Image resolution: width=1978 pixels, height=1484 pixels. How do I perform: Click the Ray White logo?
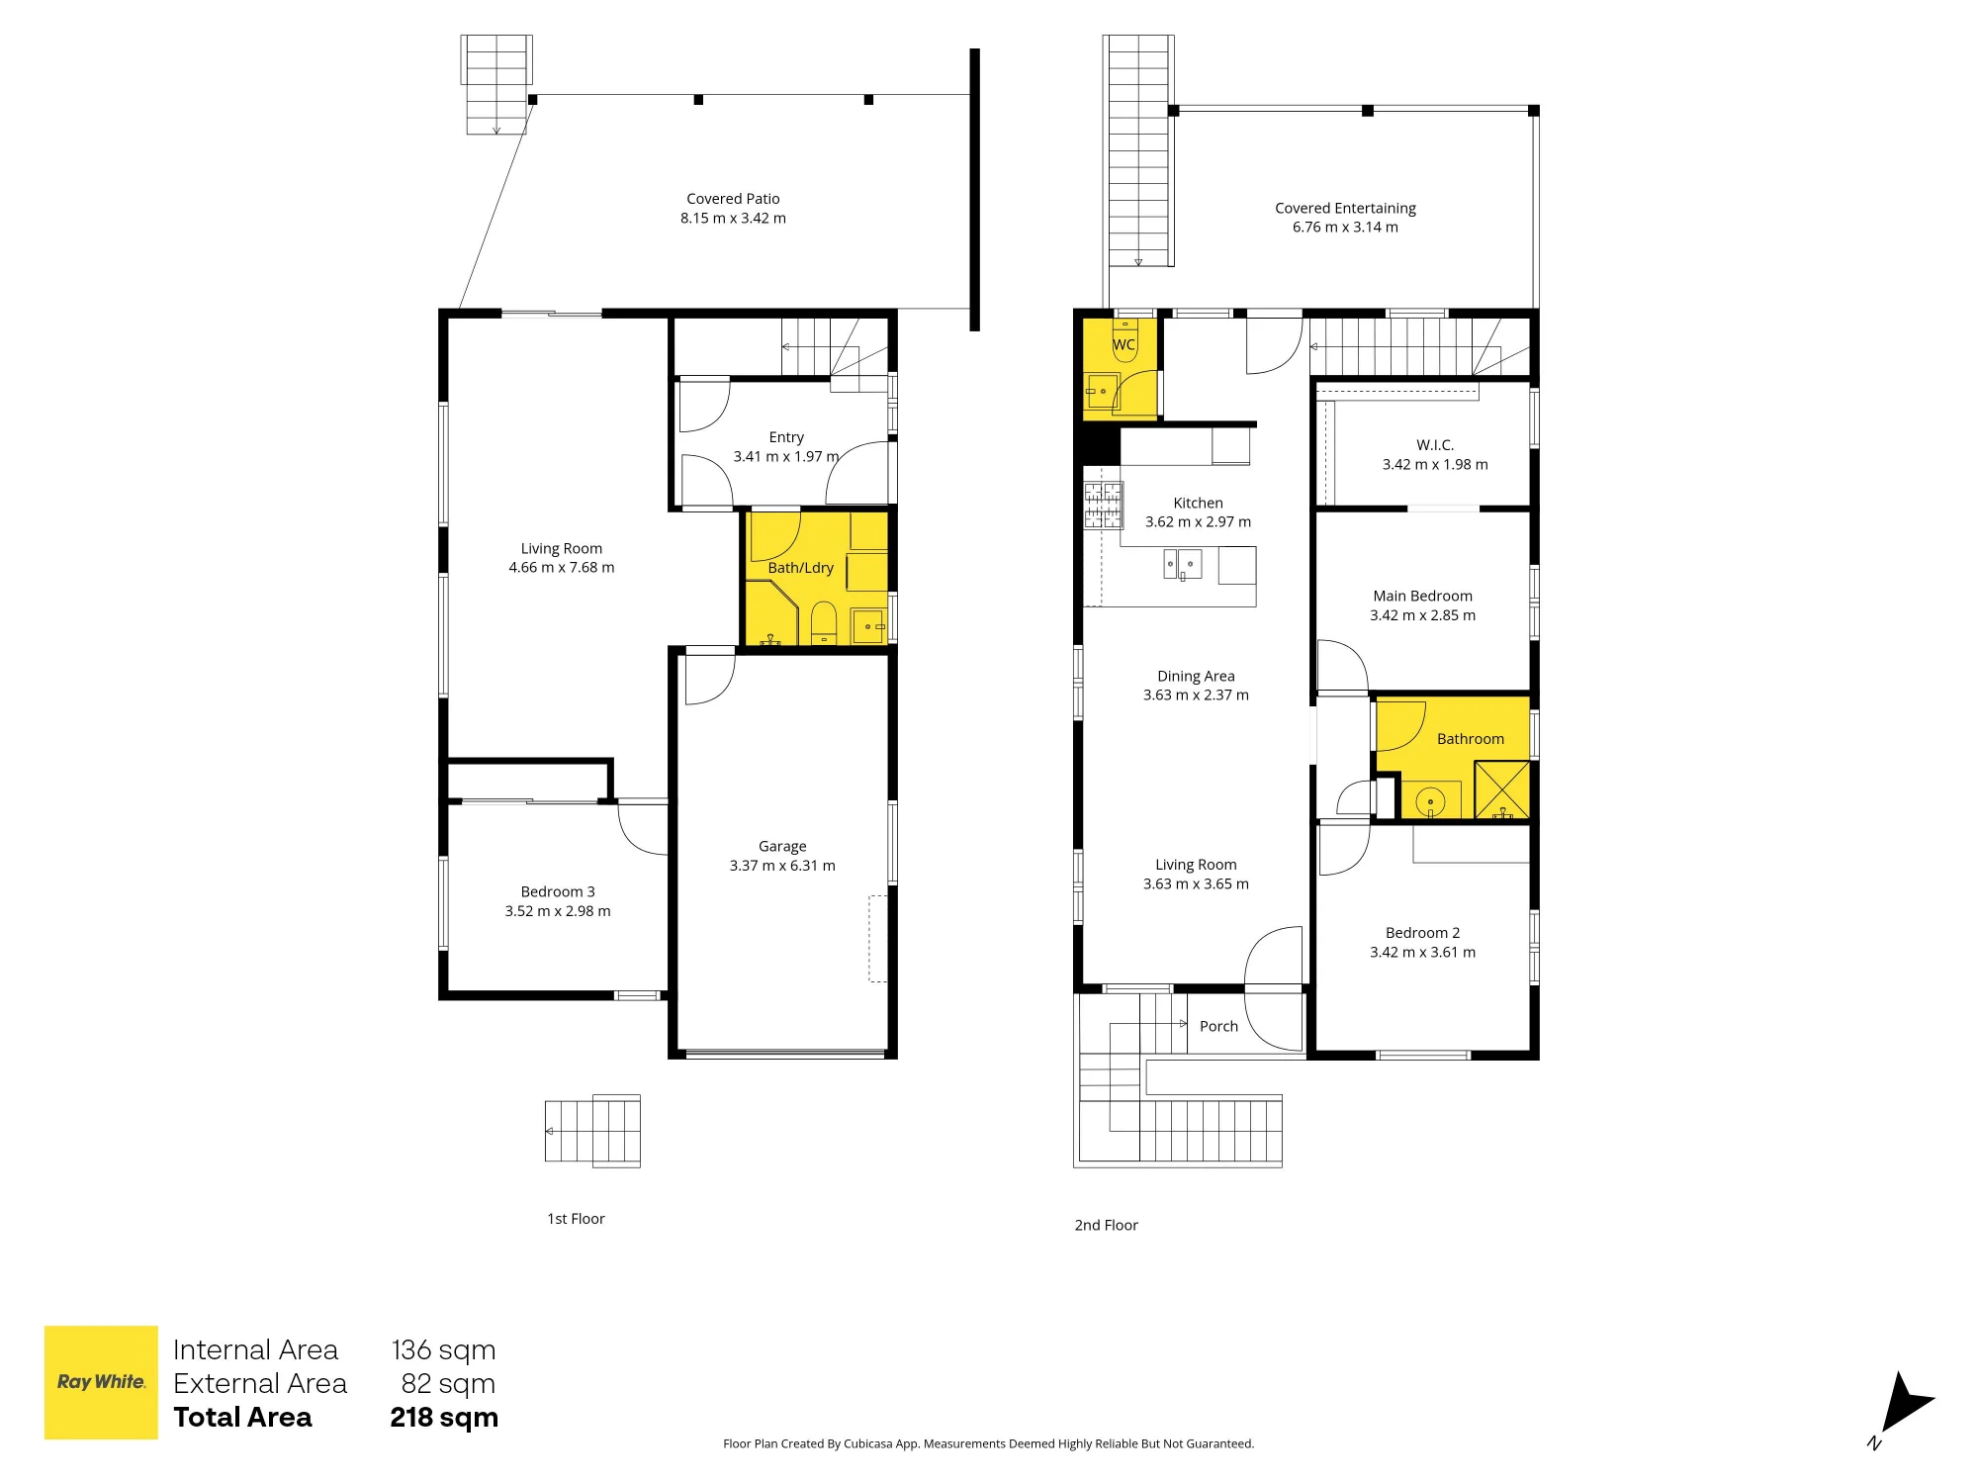(x=101, y=1382)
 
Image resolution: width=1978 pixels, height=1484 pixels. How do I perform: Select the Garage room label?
(x=782, y=846)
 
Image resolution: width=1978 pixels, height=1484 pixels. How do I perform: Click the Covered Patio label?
(x=733, y=199)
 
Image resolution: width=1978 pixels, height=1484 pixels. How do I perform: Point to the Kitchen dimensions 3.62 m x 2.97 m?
(x=1198, y=522)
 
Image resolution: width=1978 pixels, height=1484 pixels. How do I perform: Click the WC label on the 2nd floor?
(x=1124, y=345)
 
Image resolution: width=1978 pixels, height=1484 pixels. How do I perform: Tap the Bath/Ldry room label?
(x=800, y=568)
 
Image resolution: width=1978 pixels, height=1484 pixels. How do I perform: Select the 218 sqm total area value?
(x=444, y=1418)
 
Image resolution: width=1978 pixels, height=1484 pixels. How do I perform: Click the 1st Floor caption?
(x=576, y=1219)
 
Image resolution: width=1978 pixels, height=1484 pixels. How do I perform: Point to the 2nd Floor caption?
(x=1106, y=1225)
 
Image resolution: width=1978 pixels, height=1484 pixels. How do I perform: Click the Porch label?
(x=1218, y=1027)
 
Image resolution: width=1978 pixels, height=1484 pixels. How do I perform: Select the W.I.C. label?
(x=1435, y=445)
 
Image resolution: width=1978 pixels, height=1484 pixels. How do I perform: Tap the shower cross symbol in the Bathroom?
(x=1502, y=789)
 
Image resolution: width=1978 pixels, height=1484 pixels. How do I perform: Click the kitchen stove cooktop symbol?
(x=1104, y=505)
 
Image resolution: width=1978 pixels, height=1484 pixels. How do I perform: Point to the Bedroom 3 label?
(x=558, y=891)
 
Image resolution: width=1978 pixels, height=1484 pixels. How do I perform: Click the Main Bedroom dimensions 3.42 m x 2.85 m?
(x=1422, y=615)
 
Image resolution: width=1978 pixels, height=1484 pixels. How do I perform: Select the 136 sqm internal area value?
(x=443, y=1350)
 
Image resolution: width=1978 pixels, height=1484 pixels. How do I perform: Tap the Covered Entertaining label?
(x=1345, y=208)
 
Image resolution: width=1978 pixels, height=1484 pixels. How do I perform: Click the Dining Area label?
(x=1196, y=676)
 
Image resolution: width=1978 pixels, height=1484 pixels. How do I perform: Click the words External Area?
(x=260, y=1384)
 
